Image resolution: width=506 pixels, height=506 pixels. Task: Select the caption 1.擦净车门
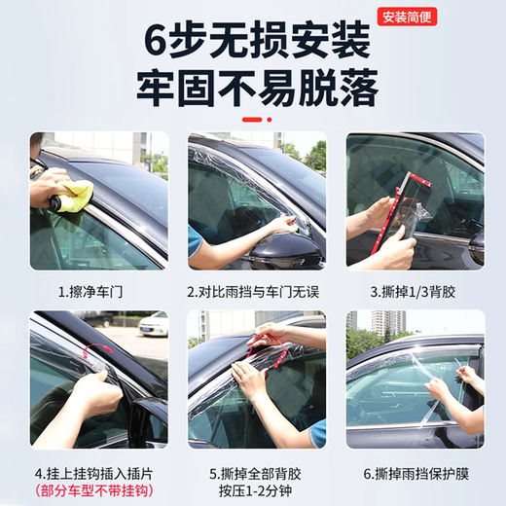(x=98, y=291)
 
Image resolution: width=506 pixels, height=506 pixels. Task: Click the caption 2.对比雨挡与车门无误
(x=253, y=291)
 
